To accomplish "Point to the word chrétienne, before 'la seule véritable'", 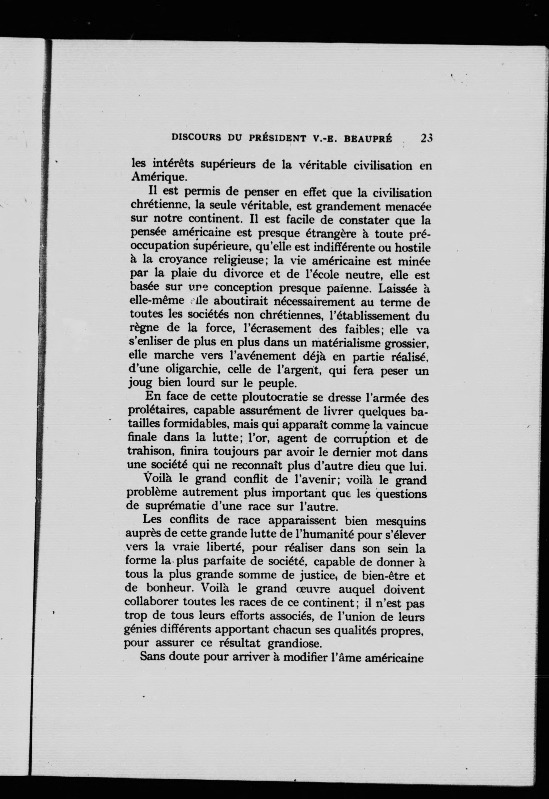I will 161,206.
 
